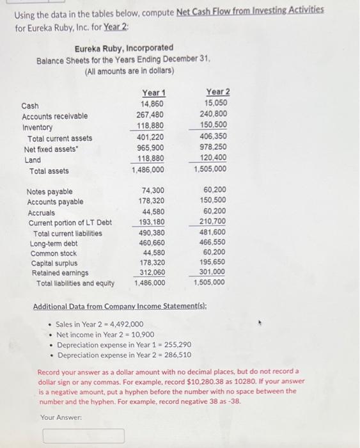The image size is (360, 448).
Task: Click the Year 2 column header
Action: point(218,92)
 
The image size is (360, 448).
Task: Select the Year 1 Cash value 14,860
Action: point(152,104)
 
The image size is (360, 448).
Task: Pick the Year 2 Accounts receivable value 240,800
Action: point(215,115)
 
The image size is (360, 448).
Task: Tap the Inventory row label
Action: point(37,127)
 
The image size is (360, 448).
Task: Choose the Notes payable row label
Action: point(49,191)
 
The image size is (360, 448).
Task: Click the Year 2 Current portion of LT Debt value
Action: point(212,221)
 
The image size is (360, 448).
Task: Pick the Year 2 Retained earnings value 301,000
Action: point(212,271)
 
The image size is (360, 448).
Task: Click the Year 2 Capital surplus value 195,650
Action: point(212,262)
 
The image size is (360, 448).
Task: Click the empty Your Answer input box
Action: point(84,436)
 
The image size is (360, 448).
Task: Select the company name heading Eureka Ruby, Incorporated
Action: point(124,48)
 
